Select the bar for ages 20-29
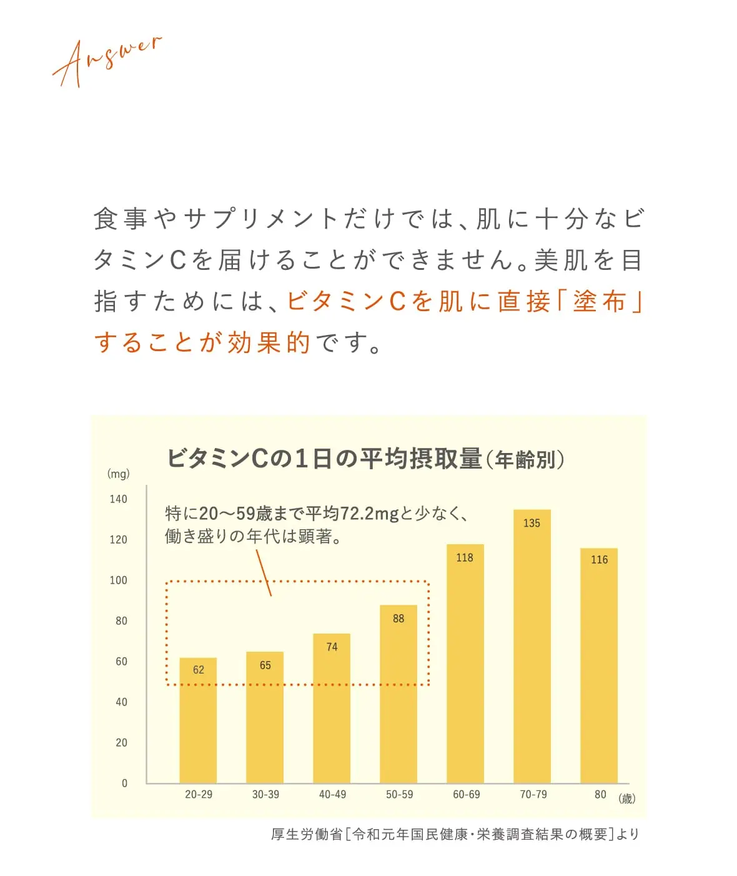198,725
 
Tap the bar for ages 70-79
532,650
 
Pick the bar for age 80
599,669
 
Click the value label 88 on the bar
398,619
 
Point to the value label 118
465,558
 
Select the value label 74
332,647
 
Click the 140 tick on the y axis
118,499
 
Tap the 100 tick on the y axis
118,580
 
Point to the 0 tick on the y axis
124,784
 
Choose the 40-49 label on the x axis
332,795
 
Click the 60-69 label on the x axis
467,795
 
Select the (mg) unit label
118,474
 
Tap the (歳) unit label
626,799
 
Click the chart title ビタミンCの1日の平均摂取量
325,459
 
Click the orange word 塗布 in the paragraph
600,302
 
